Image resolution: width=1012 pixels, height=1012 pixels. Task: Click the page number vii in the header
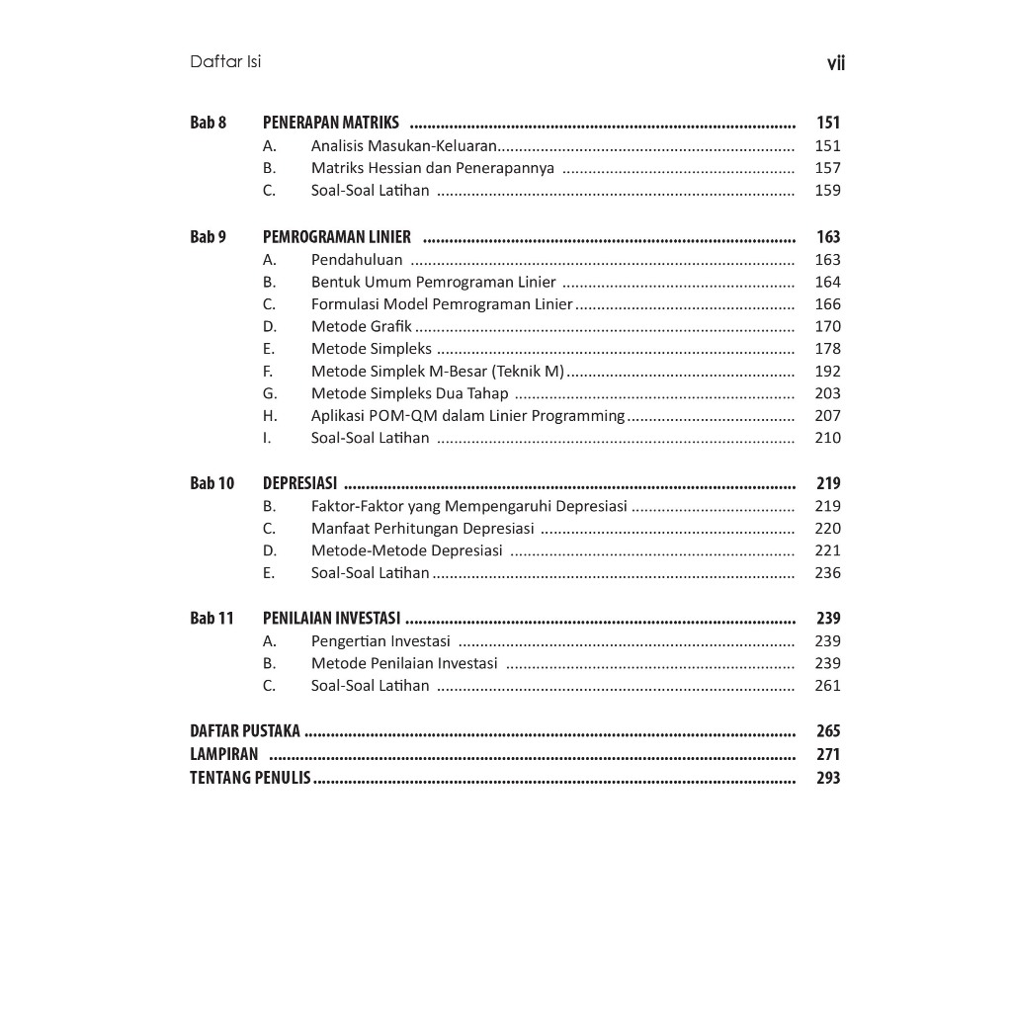tap(835, 64)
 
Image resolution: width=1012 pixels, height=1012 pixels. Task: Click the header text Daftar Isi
tap(225, 62)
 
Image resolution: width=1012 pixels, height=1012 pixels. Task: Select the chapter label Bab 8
tap(208, 123)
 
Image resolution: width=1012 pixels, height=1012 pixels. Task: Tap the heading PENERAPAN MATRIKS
tap(331, 123)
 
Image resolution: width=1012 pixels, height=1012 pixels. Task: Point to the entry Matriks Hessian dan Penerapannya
tap(432, 168)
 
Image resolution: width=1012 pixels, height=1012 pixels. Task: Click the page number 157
tap(827, 168)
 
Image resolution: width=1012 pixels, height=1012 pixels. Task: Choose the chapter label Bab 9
tap(208, 237)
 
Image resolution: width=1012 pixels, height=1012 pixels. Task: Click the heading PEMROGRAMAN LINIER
tap(337, 237)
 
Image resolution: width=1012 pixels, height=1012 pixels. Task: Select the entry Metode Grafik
tap(361, 326)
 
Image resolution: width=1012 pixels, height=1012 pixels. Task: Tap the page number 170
tap(827, 326)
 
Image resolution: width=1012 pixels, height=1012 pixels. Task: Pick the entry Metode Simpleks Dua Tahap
tap(409, 393)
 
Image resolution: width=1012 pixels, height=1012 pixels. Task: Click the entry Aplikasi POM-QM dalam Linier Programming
tap(467, 416)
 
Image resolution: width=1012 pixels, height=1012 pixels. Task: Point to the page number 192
tap(827, 372)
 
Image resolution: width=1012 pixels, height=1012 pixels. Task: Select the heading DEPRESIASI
tap(299, 483)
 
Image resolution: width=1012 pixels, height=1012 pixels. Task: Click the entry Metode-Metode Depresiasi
tap(406, 550)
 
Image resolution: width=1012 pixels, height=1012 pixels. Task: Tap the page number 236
tap(827, 573)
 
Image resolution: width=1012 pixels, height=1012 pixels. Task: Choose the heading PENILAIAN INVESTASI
tap(331, 619)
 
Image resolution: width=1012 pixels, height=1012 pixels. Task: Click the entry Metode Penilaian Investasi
tap(404, 663)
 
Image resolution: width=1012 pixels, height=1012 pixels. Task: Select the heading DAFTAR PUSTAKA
tap(245, 731)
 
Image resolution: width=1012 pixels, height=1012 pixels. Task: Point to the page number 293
tap(828, 778)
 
